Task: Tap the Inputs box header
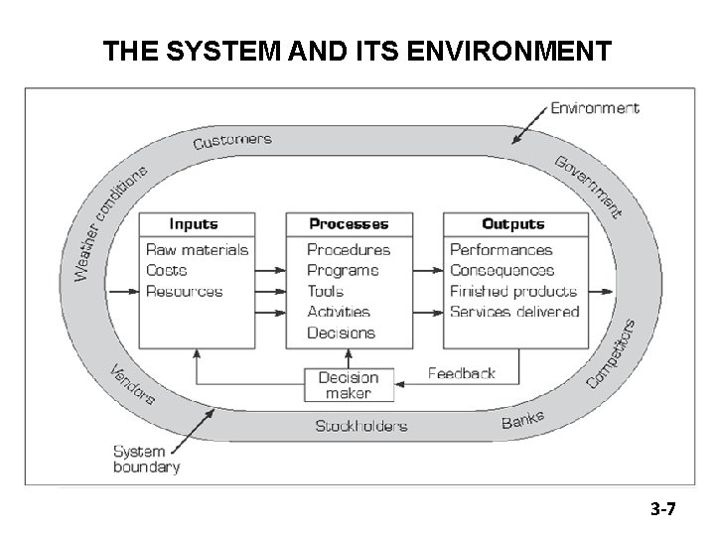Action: point(194,224)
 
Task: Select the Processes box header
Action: point(349,224)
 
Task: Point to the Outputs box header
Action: point(513,224)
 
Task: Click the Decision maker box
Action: point(349,385)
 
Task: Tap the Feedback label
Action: point(461,373)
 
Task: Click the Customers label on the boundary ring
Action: point(232,142)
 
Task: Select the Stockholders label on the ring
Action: point(360,426)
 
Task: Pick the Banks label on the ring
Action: point(522,421)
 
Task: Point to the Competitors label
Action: point(611,353)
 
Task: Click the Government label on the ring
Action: point(589,186)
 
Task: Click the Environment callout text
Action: point(595,108)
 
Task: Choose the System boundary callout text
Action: point(146,459)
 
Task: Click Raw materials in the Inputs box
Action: point(197,250)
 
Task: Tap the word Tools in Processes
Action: point(326,292)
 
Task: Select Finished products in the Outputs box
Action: point(512,292)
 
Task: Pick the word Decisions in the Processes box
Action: point(342,334)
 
